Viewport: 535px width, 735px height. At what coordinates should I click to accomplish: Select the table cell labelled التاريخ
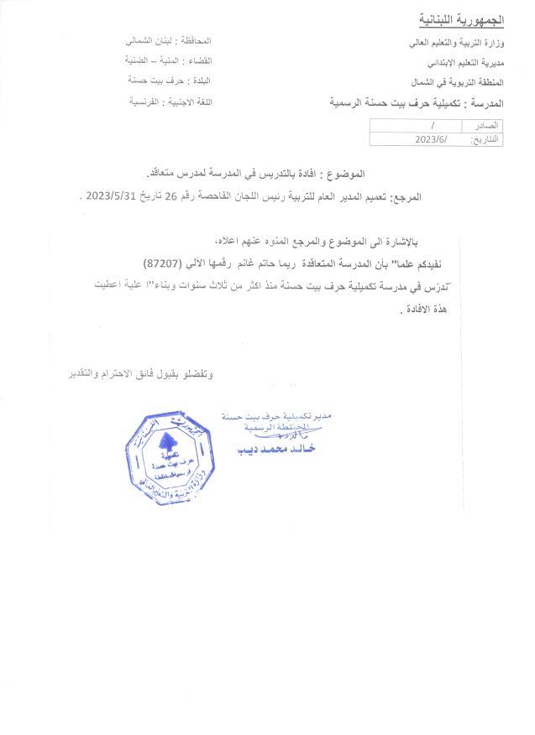pyautogui.click(x=484, y=139)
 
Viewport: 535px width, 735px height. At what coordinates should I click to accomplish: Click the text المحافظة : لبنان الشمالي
pyautogui.click(x=168, y=41)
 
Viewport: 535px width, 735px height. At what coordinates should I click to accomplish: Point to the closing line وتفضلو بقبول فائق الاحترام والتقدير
pyautogui.click(x=140, y=373)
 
